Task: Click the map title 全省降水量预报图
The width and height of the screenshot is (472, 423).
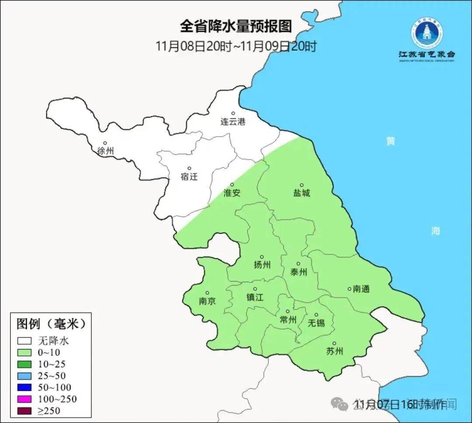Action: click(x=236, y=27)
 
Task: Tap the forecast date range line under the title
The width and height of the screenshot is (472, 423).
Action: click(x=236, y=46)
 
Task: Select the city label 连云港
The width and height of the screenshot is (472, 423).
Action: click(x=233, y=122)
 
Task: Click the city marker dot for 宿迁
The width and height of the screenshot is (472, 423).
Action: click(x=189, y=168)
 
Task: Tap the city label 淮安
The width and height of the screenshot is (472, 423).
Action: click(x=232, y=193)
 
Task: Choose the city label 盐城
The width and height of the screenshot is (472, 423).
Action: click(x=301, y=193)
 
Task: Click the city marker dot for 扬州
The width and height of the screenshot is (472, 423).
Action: click(x=262, y=257)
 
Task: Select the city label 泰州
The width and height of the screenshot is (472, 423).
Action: click(x=298, y=272)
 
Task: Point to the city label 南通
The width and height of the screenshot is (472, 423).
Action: click(x=361, y=289)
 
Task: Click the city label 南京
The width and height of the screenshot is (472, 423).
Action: click(x=207, y=301)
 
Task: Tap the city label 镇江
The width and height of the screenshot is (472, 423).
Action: click(x=255, y=297)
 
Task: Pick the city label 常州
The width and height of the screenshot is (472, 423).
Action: click(x=288, y=320)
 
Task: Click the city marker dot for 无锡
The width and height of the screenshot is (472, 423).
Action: click(x=316, y=315)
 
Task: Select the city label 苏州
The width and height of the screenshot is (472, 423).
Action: click(x=334, y=351)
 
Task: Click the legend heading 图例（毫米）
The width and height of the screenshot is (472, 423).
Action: click(x=50, y=324)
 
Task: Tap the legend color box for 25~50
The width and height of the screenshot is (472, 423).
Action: click(x=24, y=376)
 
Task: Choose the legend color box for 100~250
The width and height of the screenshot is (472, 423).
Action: click(x=24, y=399)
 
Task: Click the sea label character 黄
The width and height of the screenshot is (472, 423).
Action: click(x=390, y=141)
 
